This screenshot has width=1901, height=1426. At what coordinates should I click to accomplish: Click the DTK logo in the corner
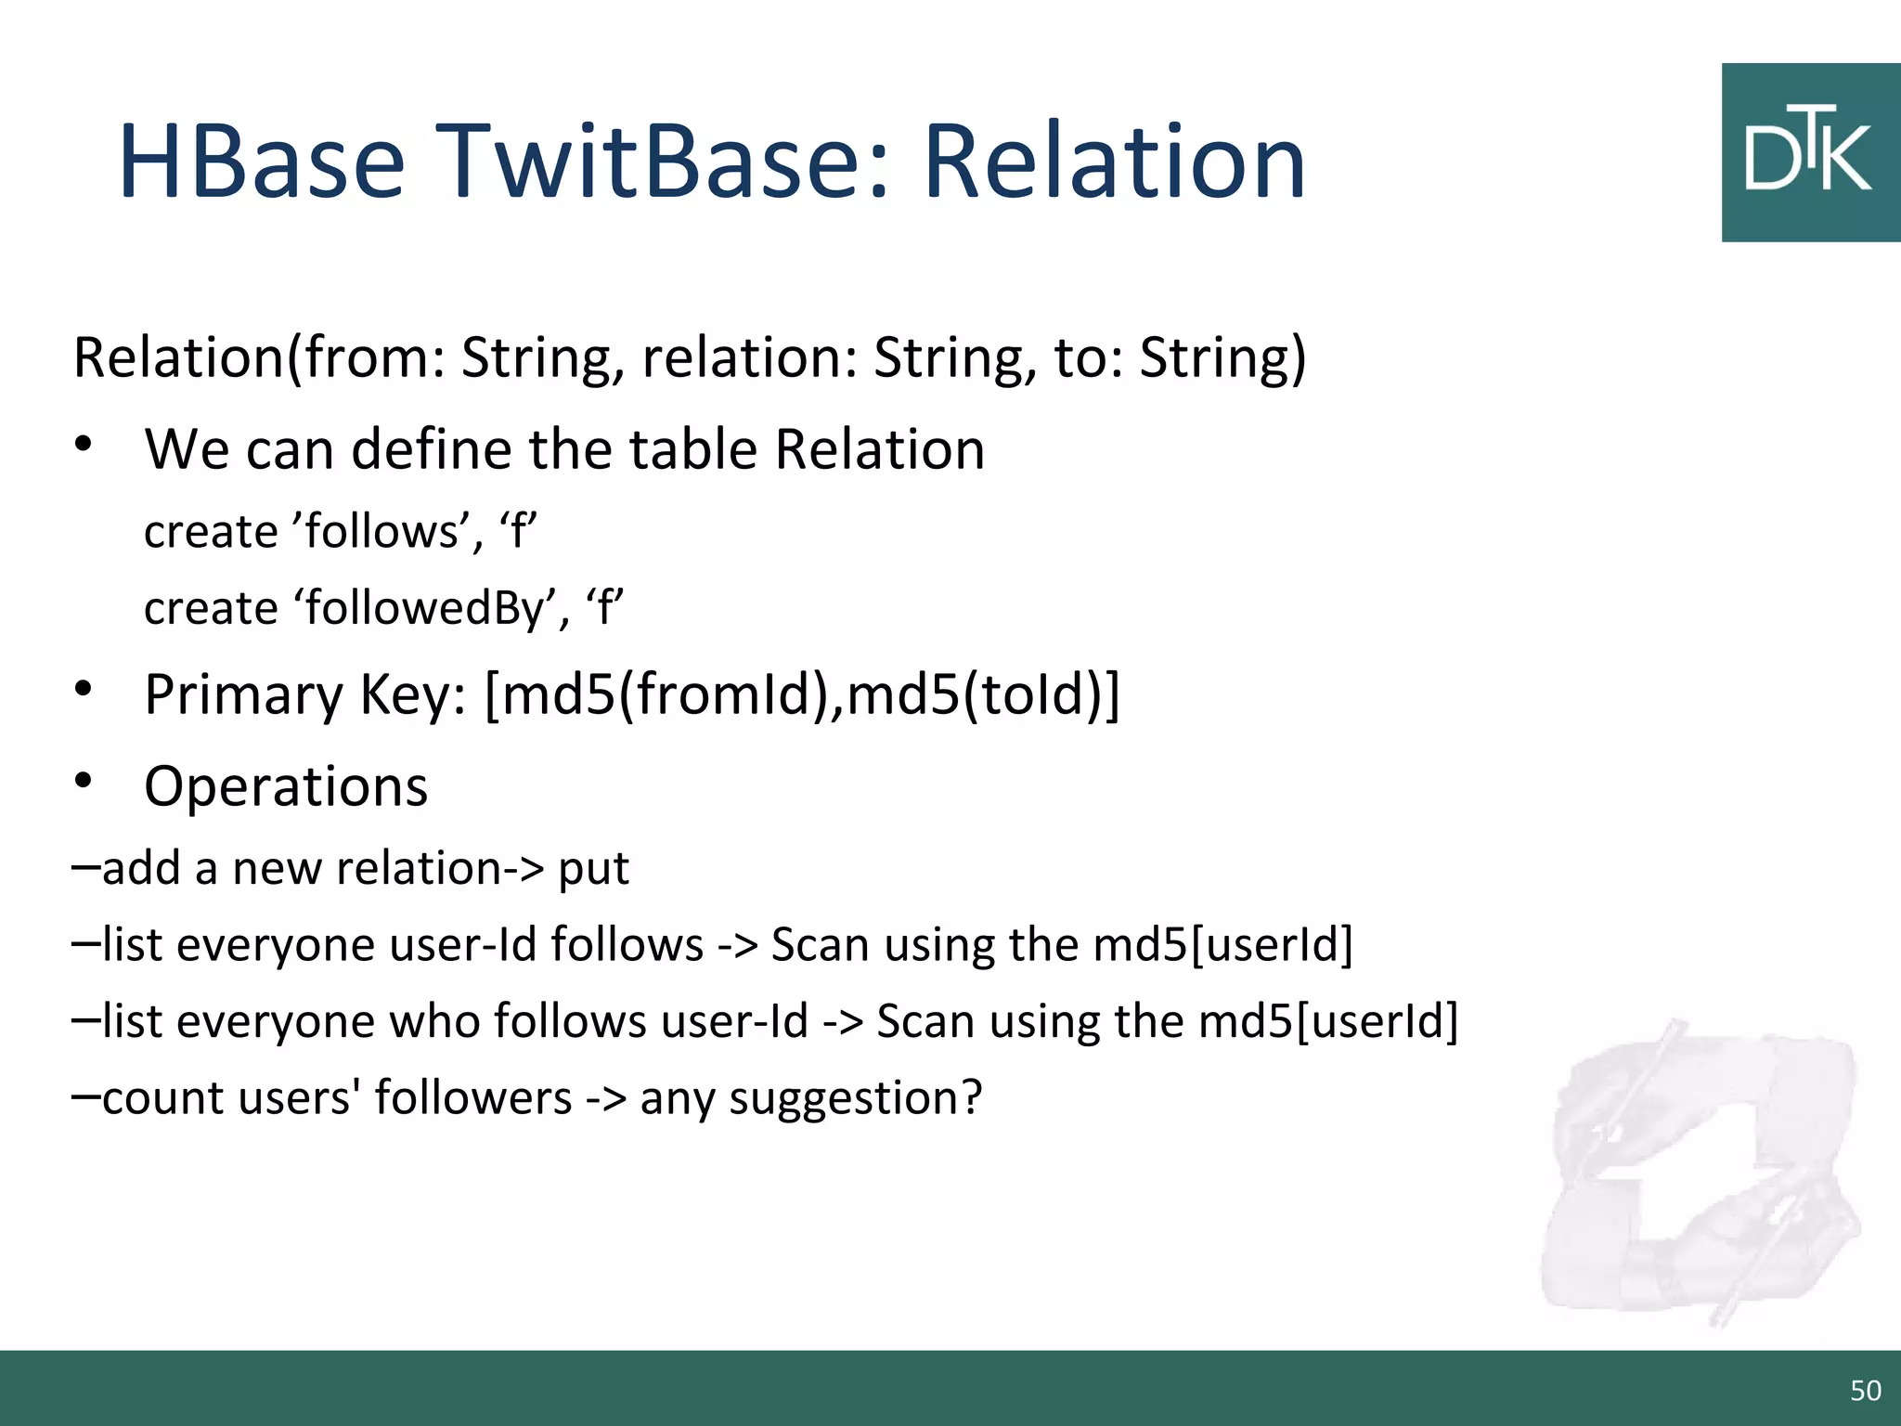click(x=1810, y=153)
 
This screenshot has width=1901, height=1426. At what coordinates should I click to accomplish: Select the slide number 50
click(x=1865, y=1390)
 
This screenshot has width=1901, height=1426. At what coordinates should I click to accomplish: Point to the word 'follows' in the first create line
click(x=381, y=532)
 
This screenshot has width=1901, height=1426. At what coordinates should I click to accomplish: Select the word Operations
click(x=286, y=786)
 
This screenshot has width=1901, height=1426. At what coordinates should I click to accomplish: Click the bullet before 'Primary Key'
click(x=84, y=690)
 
